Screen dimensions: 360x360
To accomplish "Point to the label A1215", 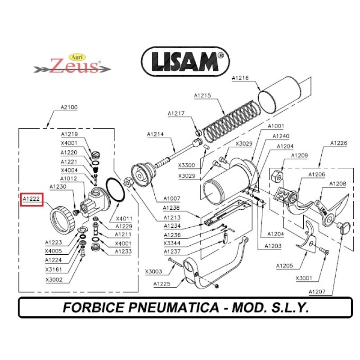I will (x=202, y=95).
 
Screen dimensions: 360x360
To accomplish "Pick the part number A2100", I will (x=69, y=108).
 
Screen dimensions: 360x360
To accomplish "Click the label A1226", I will (x=339, y=143).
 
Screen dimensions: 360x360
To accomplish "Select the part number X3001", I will (x=304, y=278).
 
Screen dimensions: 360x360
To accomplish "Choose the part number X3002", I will (x=54, y=279).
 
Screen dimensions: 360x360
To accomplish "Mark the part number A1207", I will (x=317, y=292).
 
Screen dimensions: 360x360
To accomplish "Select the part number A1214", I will (x=155, y=135).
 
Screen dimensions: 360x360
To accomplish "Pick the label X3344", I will (x=172, y=243).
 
